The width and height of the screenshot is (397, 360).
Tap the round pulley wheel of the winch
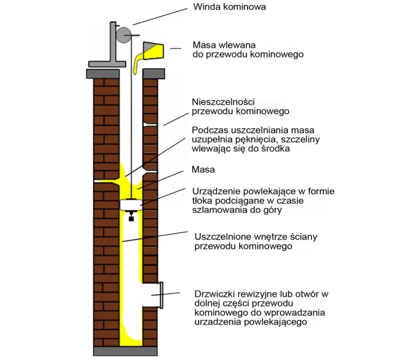coord(124,35)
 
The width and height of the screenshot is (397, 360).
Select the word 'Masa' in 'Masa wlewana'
coord(204,45)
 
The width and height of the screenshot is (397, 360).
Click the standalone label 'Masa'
coord(203,170)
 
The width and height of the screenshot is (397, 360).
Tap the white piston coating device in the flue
coord(131,204)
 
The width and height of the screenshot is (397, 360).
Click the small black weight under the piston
coord(131,218)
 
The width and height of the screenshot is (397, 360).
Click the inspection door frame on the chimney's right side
coord(160,295)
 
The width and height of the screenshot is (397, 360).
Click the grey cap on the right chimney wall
coord(153,73)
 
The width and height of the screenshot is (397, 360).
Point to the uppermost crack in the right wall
coord(151,125)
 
